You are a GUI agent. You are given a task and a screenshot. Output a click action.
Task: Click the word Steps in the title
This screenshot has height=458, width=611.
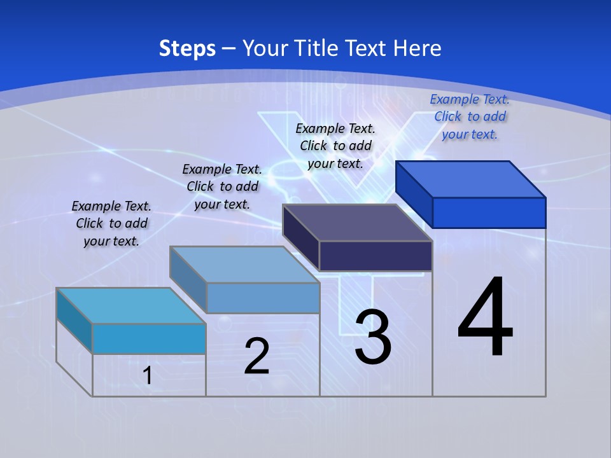187,48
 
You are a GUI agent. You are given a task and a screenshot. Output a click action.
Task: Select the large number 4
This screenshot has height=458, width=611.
485,317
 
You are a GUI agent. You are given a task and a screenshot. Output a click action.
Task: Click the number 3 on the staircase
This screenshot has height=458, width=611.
373,337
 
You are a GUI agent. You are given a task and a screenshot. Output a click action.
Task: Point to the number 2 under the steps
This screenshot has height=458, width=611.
256,356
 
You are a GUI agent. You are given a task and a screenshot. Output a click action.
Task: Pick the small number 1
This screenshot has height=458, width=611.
148,375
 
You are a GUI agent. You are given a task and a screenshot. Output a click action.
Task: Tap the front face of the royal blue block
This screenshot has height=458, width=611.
489,212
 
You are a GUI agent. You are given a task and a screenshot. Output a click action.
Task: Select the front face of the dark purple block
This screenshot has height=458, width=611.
376,256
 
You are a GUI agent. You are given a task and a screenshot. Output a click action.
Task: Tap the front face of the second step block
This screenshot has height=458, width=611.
263,298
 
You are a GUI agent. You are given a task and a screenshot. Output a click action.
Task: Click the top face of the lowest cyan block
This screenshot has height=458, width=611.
131,305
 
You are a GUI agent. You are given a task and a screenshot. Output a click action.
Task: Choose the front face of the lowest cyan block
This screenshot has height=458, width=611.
149,338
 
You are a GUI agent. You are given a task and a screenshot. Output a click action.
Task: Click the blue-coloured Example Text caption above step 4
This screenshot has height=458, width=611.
470,116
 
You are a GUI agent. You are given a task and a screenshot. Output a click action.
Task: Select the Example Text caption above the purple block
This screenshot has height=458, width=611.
335,146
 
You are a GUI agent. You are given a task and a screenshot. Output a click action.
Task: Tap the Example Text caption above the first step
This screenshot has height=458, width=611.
111,223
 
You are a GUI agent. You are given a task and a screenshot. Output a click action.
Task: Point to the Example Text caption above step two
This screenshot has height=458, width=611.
222,186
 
